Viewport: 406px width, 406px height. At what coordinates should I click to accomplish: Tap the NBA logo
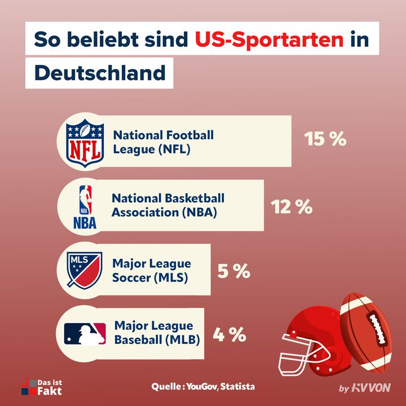click(x=85, y=206)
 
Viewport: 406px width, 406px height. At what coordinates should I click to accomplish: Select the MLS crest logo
click(x=85, y=270)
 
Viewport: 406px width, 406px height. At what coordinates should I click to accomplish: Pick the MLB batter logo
click(x=85, y=334)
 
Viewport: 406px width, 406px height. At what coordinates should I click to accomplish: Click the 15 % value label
click(x=325, y=139)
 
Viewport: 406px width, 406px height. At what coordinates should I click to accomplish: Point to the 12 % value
click(x=292, y=207)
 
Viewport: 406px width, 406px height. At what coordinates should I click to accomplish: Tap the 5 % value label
click(x=233, y=271)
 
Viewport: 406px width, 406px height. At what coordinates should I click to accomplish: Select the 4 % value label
click(x=230, y=335)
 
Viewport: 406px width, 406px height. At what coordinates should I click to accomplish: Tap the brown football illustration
click(x=369, y=330)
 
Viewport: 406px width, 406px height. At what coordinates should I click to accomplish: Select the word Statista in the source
click(x=237, y=387)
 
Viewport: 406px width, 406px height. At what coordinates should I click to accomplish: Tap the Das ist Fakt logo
click(x=41, y=387)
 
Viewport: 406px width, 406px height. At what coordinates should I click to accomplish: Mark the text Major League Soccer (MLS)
click(x=151, y=271)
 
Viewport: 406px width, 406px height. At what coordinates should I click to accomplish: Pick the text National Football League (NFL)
click(x=164, y=142)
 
